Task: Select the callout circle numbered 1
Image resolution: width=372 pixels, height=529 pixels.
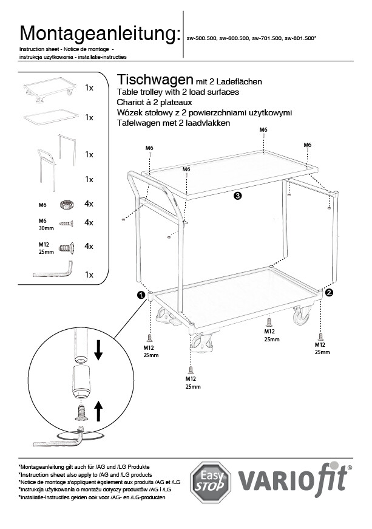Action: (141, 295)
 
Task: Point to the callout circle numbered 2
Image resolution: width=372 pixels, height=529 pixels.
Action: (329, 292)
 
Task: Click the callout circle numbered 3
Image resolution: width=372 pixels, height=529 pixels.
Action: (237, 196)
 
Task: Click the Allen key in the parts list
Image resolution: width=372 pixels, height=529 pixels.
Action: (53, 271)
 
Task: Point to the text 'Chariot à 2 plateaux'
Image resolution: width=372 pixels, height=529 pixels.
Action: (152, 102)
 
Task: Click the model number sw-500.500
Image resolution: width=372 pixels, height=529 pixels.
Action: (203, 38)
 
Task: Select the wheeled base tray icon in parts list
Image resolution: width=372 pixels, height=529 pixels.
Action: (50, 88)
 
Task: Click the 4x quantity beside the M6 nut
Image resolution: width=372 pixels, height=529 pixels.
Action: (89, 203)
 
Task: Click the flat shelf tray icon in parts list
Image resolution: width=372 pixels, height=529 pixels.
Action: (51, 117)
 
